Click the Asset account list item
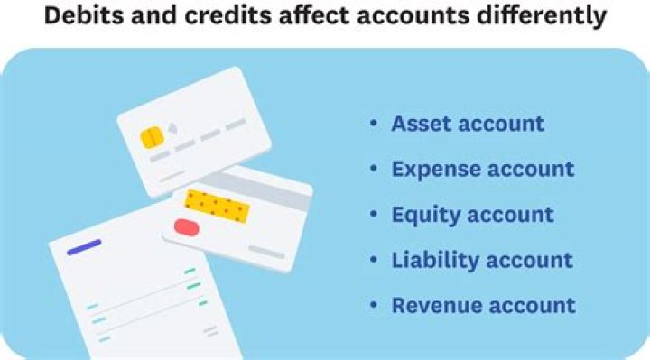click(x=468, y=124)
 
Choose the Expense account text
click(x=482, y=169)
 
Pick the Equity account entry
click(x=472, y=215)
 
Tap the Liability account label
click(x=481, y=260)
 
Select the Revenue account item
click(x=483, y=305)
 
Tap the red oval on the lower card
click(x=186, y=226)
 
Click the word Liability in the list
click(x=432, y=260)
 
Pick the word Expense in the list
click(x=433, y=169)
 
